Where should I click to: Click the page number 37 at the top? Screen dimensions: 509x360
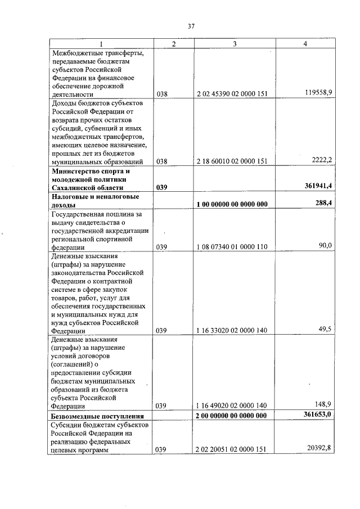click(x=191, y=26)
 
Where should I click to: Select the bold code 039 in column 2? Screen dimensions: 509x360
click(x=163, y=187)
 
